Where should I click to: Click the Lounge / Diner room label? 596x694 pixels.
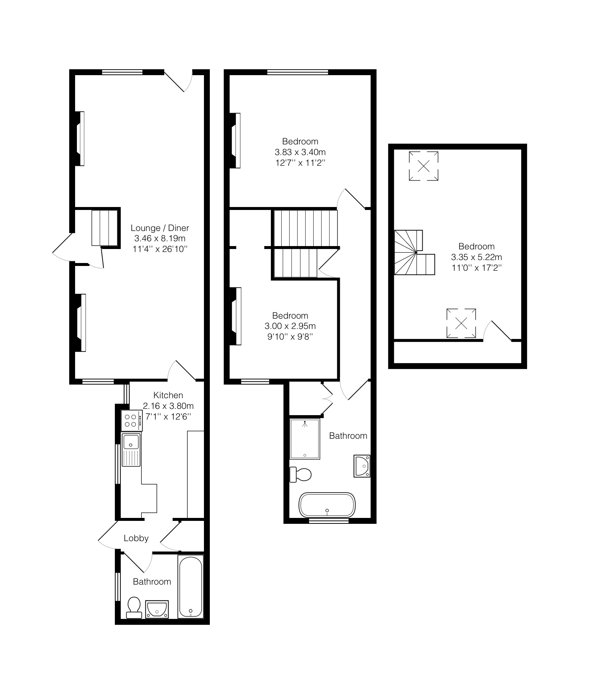pyautogui.click(x=160, y=228)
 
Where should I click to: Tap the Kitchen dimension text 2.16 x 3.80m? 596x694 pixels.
pyautogui.click(x=168, y=406)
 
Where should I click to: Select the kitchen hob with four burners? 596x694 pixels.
pyautogui.click(x=132, y=421)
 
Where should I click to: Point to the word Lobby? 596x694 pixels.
pyautogui.click(x=136, y=538)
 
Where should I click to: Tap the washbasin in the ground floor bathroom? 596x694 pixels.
pyautogui.click(x=157, y=609)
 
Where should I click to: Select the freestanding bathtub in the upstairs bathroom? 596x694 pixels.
pyautogui.click(x=327, y=505)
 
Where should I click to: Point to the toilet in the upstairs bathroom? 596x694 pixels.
pyautogui.click(x=300, y=474)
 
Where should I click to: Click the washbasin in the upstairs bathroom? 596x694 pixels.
pyautogui.click(x=362, y=466)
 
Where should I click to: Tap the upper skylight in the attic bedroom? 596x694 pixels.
pyautogui.click(x=424, y=166)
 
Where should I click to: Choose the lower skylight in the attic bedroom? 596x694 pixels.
pyautogui.click(x=461, y=323)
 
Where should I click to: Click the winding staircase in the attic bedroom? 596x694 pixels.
pyautogui.click(x=414, y=253)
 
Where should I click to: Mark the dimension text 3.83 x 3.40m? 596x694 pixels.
pyautogui.click(x=300, y=152)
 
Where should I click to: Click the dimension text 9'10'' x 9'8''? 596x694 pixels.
pyautogui.click(x=290, y=336)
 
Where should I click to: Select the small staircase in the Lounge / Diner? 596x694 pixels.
pyautogui.click(x=105, y=227)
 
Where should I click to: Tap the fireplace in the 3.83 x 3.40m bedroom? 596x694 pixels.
pyautogui.click(x=235, y=140)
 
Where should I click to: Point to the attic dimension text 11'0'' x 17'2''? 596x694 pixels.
pyautogui.click(x=477, y=267)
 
